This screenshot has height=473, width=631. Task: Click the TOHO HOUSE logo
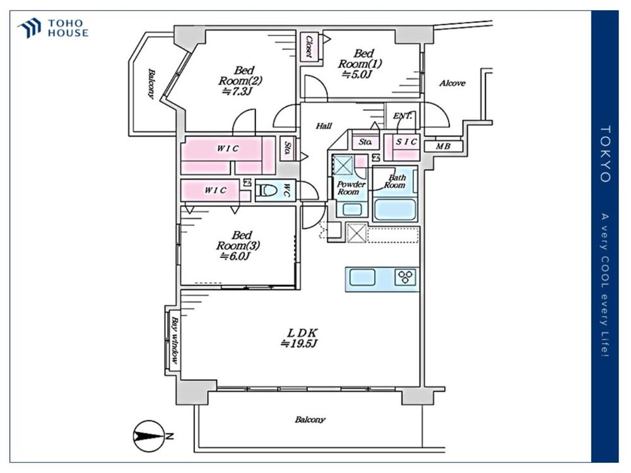point(53,28)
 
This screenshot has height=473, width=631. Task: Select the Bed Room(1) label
point(360,64)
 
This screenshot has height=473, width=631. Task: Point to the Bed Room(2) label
point(240,81)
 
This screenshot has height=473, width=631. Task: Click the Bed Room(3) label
point(239,245)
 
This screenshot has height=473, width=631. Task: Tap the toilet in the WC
point(267,190)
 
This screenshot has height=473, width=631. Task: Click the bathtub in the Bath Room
point(395,209)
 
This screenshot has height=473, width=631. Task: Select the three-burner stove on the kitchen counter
point(405,277)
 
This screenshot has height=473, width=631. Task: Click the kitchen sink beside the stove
point(362,277)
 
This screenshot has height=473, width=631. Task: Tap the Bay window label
point(175,341)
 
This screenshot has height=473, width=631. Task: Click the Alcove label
point(452,83)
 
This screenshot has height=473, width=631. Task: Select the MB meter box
point(443,146)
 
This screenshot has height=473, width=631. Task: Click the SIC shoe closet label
point(406,141)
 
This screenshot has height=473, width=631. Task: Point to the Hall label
point(324,126)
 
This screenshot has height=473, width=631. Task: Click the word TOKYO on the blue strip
point(605,154)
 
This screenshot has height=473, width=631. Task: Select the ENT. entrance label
point(403,116)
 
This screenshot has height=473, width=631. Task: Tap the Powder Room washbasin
point(351,209)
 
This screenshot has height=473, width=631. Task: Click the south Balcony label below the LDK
point(310,420)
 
